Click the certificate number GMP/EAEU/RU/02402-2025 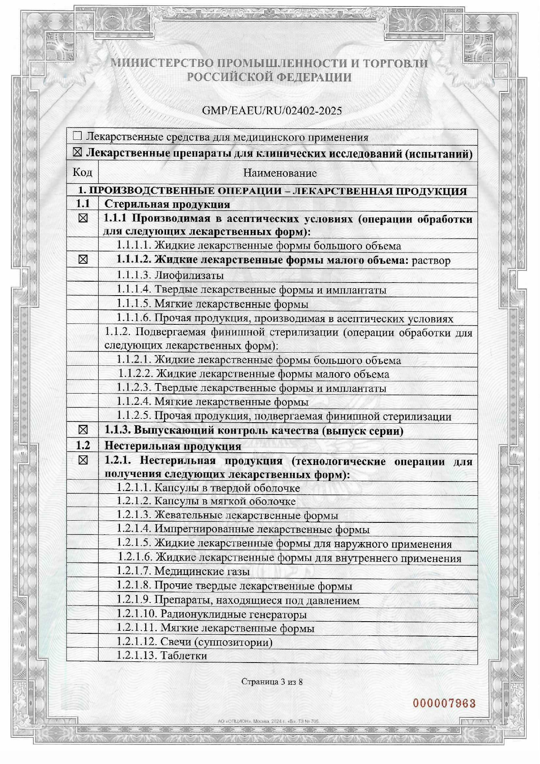272,111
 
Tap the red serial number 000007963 444,703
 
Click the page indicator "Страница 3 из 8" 272,682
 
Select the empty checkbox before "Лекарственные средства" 77,136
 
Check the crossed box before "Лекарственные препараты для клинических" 77,153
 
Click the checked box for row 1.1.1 83,219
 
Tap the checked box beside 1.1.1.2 83,260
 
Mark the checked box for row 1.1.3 83,430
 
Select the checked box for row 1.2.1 83,461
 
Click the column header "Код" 82,172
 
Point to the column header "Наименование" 280,173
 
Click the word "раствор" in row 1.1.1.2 431,261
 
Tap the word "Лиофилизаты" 189,276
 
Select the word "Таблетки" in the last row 183,656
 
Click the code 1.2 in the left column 83,446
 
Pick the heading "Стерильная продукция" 167,204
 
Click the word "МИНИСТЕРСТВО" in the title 162,63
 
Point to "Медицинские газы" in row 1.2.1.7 202,571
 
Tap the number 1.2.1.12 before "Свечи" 137,642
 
